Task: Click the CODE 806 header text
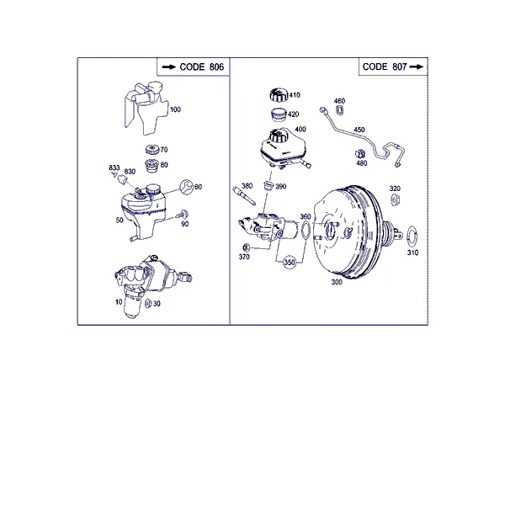202,67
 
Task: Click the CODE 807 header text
385,66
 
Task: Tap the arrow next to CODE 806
169,67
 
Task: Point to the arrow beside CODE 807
416,66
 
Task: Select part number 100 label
175,109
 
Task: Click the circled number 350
290,263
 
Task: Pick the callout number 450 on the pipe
359,130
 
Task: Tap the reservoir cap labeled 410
279,94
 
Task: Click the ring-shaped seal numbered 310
412,237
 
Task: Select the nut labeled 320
396,200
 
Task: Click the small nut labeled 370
246,247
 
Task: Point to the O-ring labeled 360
306,231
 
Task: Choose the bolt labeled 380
244,196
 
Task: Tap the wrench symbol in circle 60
187,187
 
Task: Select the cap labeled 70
152,150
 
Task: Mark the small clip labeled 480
360,154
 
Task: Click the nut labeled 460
339,110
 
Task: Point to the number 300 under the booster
337,282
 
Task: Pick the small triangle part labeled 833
114,174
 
